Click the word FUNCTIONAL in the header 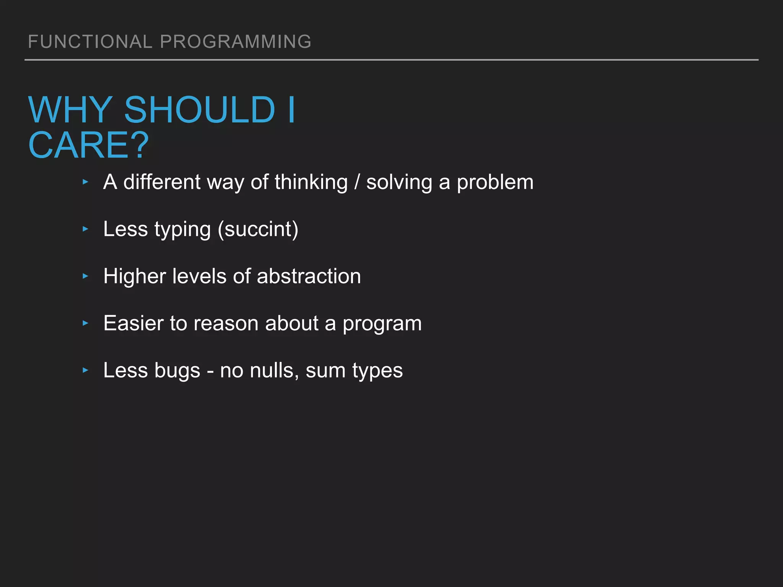pos(90,42)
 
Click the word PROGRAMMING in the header pos(236,42)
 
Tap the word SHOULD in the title pos(200,110)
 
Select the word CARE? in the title pos(89,145)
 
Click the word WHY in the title pos(71,110)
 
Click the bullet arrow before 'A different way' pos(85,182)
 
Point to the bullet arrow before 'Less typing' pos(85,229)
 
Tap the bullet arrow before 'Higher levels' pos(85,276)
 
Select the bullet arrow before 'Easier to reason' pos(85,323)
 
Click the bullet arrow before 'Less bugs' pos(85,370)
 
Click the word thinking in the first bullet pos(311,182)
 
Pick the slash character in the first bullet pos(357,182)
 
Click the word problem pos(495,182)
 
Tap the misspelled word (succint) pos(258,229)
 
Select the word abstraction pos(309,276)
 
